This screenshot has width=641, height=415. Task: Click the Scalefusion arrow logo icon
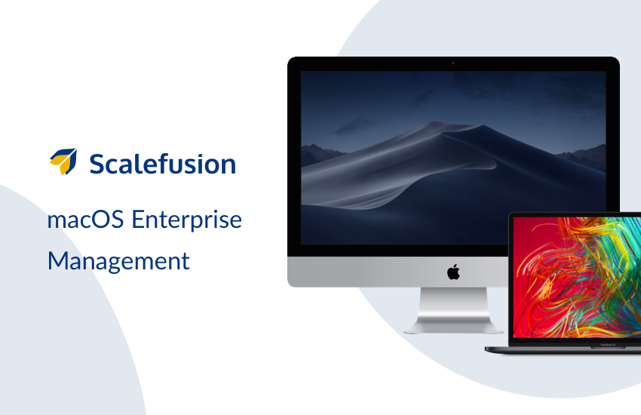coord(63,161)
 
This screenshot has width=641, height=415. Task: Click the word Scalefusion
coord(163,164)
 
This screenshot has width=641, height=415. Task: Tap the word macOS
coord(85,220)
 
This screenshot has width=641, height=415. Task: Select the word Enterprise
coord(187,220)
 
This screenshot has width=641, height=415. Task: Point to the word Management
coord(118,261)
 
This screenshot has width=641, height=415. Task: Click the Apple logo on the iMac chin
coord(453,272)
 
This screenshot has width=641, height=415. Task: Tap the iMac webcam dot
coord(453,63)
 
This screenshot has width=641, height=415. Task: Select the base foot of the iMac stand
coord(453,327)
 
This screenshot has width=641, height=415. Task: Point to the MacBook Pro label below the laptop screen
coord(608,345)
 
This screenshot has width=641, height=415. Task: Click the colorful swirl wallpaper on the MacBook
coord(577,277)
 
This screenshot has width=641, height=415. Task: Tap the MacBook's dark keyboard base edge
coord(563,349)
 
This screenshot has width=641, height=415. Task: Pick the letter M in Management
coord(57,261)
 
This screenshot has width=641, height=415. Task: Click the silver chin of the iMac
coord(397,272)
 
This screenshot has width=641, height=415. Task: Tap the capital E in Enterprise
coord(139,220)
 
